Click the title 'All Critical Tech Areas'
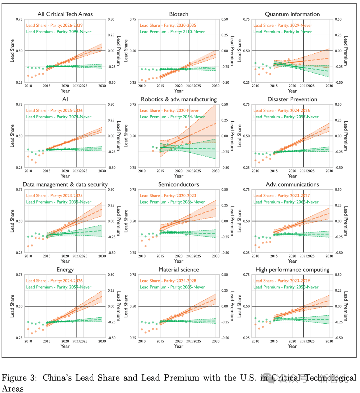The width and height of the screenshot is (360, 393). coord(65,14)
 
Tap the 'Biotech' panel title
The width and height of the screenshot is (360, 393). coord(179,14)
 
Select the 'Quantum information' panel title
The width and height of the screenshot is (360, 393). coord(292,14)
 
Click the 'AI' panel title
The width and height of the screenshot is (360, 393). coord(65,99)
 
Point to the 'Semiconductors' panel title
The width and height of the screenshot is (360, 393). coord(179,185)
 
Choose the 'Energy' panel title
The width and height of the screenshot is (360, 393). coord(65,269)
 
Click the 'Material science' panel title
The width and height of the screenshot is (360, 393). coord(179,269)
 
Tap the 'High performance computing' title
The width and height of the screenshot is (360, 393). coord(292,269)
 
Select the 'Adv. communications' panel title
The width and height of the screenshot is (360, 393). coord(292,185)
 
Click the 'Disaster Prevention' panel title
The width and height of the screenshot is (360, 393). coord(292,99)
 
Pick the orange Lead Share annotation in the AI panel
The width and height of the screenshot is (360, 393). coord(54,111)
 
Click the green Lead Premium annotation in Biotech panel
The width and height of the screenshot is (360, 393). coord(172,32)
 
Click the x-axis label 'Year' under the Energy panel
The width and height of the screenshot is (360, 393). coord(65,346)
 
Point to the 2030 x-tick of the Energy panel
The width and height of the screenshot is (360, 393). coord(102,341)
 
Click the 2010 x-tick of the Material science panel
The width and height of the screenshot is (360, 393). coord(142,341)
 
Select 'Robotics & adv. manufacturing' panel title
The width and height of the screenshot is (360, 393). coord(179,99)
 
